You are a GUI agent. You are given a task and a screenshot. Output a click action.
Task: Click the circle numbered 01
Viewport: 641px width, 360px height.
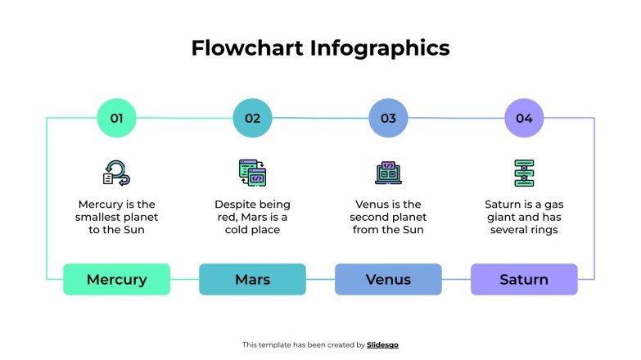click(x=116, y=118)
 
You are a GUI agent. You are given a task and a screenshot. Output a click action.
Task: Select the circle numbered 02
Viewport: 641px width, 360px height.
click(x=252, y=118)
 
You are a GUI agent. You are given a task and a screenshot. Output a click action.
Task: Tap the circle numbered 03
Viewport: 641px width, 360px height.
click(x=388, y=118)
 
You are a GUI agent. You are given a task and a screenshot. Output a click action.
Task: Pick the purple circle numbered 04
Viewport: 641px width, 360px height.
click(x=524, y=118)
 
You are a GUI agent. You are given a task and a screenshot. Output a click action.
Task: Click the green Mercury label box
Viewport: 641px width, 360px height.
click(x=116, y=279)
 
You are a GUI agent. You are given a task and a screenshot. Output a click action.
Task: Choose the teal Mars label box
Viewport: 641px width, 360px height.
click(x=252, y=279)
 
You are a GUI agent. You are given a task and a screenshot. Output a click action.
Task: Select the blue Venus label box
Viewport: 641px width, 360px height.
click(x=388, y=279)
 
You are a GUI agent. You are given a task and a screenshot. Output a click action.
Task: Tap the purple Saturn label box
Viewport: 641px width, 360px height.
click(x=524, y=279)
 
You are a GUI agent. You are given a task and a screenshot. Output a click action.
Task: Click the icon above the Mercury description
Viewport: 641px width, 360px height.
click(x=116, y=172)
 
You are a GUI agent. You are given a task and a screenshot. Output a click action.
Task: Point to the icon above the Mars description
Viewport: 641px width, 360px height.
click(x=252, y=172)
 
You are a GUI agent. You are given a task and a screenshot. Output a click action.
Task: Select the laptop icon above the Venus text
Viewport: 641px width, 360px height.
click(x=388, y=173)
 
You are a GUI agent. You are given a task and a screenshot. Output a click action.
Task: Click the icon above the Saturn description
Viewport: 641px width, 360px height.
click(x=524, y=173)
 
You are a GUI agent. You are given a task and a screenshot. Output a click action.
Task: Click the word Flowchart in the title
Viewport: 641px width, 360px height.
click(x=247, y=48)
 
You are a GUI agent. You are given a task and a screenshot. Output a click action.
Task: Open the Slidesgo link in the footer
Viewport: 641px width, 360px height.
click(x=382, y=344)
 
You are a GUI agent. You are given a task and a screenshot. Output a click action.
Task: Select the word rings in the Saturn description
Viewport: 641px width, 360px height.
click(x=542, y=230)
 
